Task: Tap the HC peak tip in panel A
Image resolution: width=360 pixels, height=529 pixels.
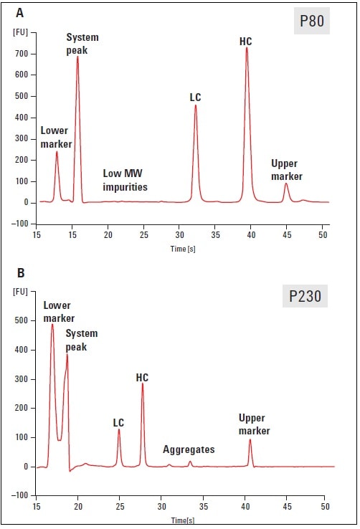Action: pos(247,49)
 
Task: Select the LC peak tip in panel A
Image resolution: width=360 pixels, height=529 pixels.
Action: pos(195,106)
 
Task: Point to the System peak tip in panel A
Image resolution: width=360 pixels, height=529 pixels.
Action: pos(77,57)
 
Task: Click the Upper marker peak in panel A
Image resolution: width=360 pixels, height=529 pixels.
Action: pos(286,184)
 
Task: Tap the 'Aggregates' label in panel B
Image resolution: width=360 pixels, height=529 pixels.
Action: pos(189,449)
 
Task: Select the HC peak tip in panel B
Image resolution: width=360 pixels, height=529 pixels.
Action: pos(143,383)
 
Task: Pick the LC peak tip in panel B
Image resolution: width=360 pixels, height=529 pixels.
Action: pos(119,429)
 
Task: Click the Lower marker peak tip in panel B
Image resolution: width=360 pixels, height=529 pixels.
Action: pos(52,325)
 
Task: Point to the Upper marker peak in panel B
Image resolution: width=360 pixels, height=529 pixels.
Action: pos(250,439)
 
